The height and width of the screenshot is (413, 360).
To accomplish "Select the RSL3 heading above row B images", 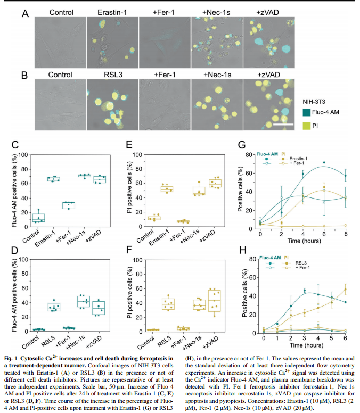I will tap(113, 74).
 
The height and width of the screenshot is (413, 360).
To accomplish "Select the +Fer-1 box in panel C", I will tap(68, 205).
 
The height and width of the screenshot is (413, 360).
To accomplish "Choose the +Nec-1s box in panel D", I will tap(84, 302).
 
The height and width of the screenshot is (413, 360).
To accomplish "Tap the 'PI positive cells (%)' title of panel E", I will tap(128, 190).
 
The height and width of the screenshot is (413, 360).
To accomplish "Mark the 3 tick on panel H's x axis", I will tap(304, 337).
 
